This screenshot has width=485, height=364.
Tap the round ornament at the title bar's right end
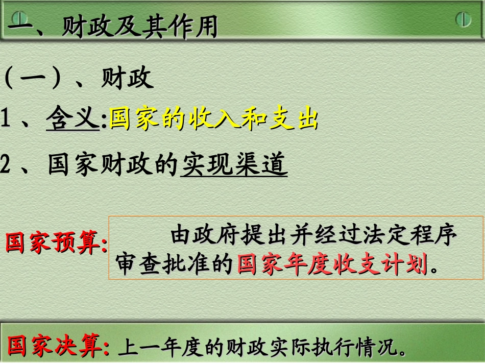(x=463, y=19)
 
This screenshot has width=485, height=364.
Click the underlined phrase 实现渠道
(x=234, y=164)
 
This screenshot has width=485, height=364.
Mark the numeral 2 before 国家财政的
(x=6, y=165)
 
